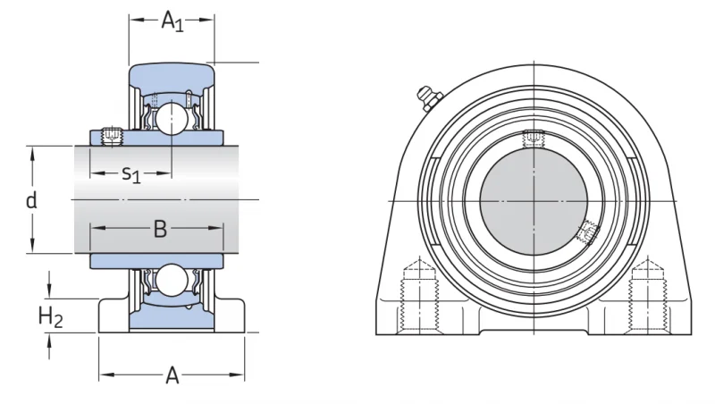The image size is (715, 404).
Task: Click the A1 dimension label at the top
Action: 172,21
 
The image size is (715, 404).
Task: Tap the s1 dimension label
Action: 131,174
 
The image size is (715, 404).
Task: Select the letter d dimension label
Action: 31,200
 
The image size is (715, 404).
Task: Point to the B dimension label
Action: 160,229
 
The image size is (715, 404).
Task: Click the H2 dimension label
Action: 50,316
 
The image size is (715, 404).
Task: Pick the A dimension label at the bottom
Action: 172,375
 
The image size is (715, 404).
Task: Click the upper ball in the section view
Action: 171,117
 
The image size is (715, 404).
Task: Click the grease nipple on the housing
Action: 429,97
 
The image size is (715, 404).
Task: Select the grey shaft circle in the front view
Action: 534,201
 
